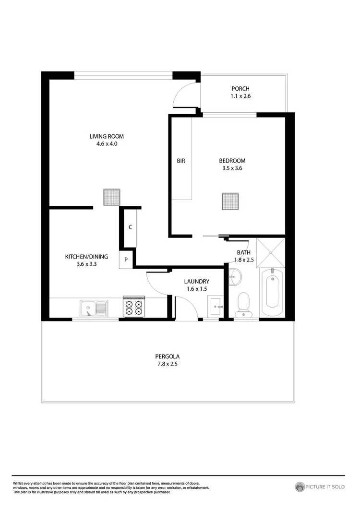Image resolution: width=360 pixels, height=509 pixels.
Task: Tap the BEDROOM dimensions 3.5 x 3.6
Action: coord(232,168)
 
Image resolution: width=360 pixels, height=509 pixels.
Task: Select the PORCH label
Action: coord(240,89)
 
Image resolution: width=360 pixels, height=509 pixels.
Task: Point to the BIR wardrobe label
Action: coord(181,161)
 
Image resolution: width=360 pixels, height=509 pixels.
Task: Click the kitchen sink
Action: coord(94,308)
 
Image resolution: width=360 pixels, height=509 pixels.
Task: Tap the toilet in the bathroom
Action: coord(244,305)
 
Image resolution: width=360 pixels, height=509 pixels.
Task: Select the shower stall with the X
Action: coord(271,252)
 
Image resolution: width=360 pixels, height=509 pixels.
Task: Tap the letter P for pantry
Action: coord(126,260)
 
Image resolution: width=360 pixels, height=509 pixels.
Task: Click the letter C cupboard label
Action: coord(130,227)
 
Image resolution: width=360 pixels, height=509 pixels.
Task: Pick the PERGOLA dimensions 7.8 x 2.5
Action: coord(167,364)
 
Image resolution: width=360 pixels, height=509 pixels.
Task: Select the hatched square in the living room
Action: coord(111,197)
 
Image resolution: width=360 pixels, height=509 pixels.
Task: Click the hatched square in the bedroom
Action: coord(230,201)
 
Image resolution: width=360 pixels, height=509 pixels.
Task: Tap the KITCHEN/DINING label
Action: coord(87,257)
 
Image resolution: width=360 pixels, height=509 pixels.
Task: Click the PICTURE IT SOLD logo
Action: coord(320,487)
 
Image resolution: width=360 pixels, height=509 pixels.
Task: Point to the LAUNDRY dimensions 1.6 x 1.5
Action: coord(196,289)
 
